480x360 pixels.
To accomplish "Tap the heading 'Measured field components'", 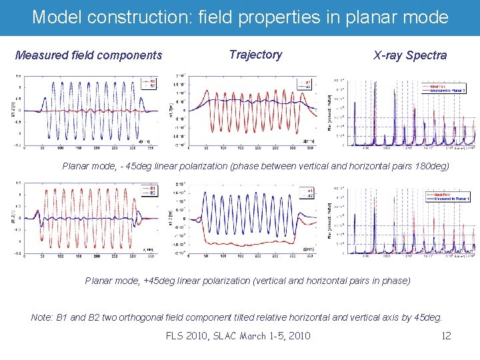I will (89, 55).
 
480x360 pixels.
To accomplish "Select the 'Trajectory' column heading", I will (255, 55).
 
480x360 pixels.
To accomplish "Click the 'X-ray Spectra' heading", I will (410, 55).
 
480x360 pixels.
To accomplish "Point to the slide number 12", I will (446, 335).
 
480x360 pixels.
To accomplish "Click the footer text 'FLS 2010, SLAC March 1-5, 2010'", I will (238, 335).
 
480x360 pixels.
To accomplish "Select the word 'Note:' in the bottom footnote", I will (44, 317).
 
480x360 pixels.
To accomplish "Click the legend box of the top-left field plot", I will (149, 84).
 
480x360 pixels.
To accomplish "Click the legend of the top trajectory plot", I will (308, 84).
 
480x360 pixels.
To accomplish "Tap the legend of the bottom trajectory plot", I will (309, 192).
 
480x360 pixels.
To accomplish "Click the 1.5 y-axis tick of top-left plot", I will (19, 76).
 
